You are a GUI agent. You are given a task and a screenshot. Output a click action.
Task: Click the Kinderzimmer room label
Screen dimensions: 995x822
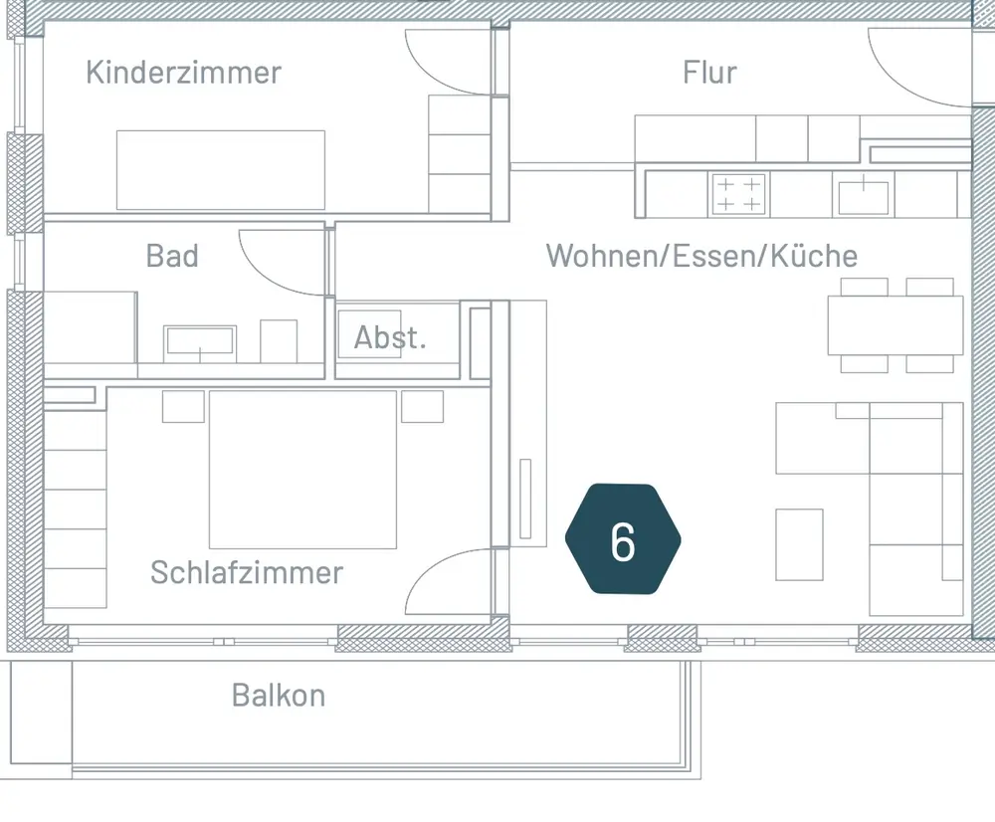[x=183, y=73]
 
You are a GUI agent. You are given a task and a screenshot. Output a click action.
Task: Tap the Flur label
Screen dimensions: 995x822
[x=709, y=73]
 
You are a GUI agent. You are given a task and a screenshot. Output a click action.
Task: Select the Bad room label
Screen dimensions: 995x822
[x=172, y=256]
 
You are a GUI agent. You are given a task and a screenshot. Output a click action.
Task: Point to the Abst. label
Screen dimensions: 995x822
[x=390, y=337]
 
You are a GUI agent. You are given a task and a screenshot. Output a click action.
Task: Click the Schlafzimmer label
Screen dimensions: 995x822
[x=247, y=572]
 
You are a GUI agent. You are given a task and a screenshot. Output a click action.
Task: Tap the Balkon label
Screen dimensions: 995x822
[x=279, y=695]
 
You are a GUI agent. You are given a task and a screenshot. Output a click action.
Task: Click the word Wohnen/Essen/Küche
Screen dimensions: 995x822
[x=701, y=256]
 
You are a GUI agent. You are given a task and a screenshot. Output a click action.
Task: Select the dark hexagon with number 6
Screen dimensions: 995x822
[x=623, y=539]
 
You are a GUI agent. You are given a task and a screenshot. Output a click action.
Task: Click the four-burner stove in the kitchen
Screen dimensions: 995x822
[x=737, y=194]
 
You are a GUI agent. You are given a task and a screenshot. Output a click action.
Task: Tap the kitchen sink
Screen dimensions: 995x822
[x=863, y=195]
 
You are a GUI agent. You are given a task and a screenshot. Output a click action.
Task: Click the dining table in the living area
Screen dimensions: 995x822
[x=895, y=325]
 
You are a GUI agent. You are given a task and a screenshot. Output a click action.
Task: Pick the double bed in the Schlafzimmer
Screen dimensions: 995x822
[x=302, y=469]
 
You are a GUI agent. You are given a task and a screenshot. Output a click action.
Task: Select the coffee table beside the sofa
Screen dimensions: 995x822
[x=799, y=544]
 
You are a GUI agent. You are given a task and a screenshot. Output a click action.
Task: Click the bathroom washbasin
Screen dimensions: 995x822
[x=199, y=340]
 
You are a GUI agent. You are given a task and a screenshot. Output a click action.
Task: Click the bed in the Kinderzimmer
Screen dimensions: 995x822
[x=221, y=169]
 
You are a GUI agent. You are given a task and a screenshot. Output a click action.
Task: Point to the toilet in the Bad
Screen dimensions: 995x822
[x=279, y=340]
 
